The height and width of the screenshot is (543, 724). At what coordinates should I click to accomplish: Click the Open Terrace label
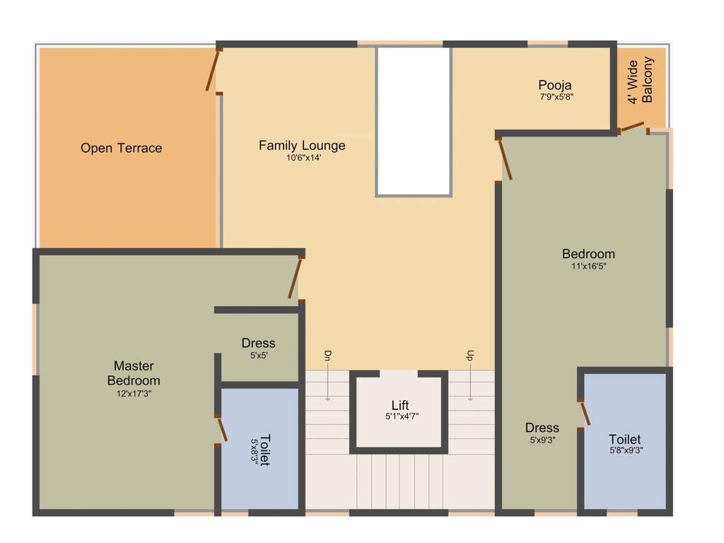(121, 148)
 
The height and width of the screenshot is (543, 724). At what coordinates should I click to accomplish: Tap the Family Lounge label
(302, 146)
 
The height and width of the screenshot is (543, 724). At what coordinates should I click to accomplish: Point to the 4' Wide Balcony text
(641, 81)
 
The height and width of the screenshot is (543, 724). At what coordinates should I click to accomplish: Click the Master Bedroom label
(134, 373)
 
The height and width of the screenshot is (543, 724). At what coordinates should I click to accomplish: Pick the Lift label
(400, 405)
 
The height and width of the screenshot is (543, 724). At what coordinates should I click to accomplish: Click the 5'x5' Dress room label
(259, 343)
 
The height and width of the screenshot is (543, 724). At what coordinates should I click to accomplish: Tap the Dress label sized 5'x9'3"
(542, 428)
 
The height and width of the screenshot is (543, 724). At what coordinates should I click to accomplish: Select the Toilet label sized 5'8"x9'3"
(625, 440)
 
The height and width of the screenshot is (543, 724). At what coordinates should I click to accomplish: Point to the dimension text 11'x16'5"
(589, 267)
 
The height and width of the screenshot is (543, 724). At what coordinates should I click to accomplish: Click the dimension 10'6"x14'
(304, 158)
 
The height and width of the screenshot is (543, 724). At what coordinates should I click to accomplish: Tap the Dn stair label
(327, 355)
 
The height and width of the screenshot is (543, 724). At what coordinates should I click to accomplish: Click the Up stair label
(469, 355)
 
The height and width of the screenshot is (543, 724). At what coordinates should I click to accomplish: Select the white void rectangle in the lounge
(414, 121)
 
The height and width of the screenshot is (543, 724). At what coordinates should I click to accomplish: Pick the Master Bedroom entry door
(296, 278)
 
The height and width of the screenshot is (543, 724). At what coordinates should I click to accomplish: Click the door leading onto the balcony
(632, 127)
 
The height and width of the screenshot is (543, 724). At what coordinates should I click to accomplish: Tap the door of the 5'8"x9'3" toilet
(585, 414)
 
